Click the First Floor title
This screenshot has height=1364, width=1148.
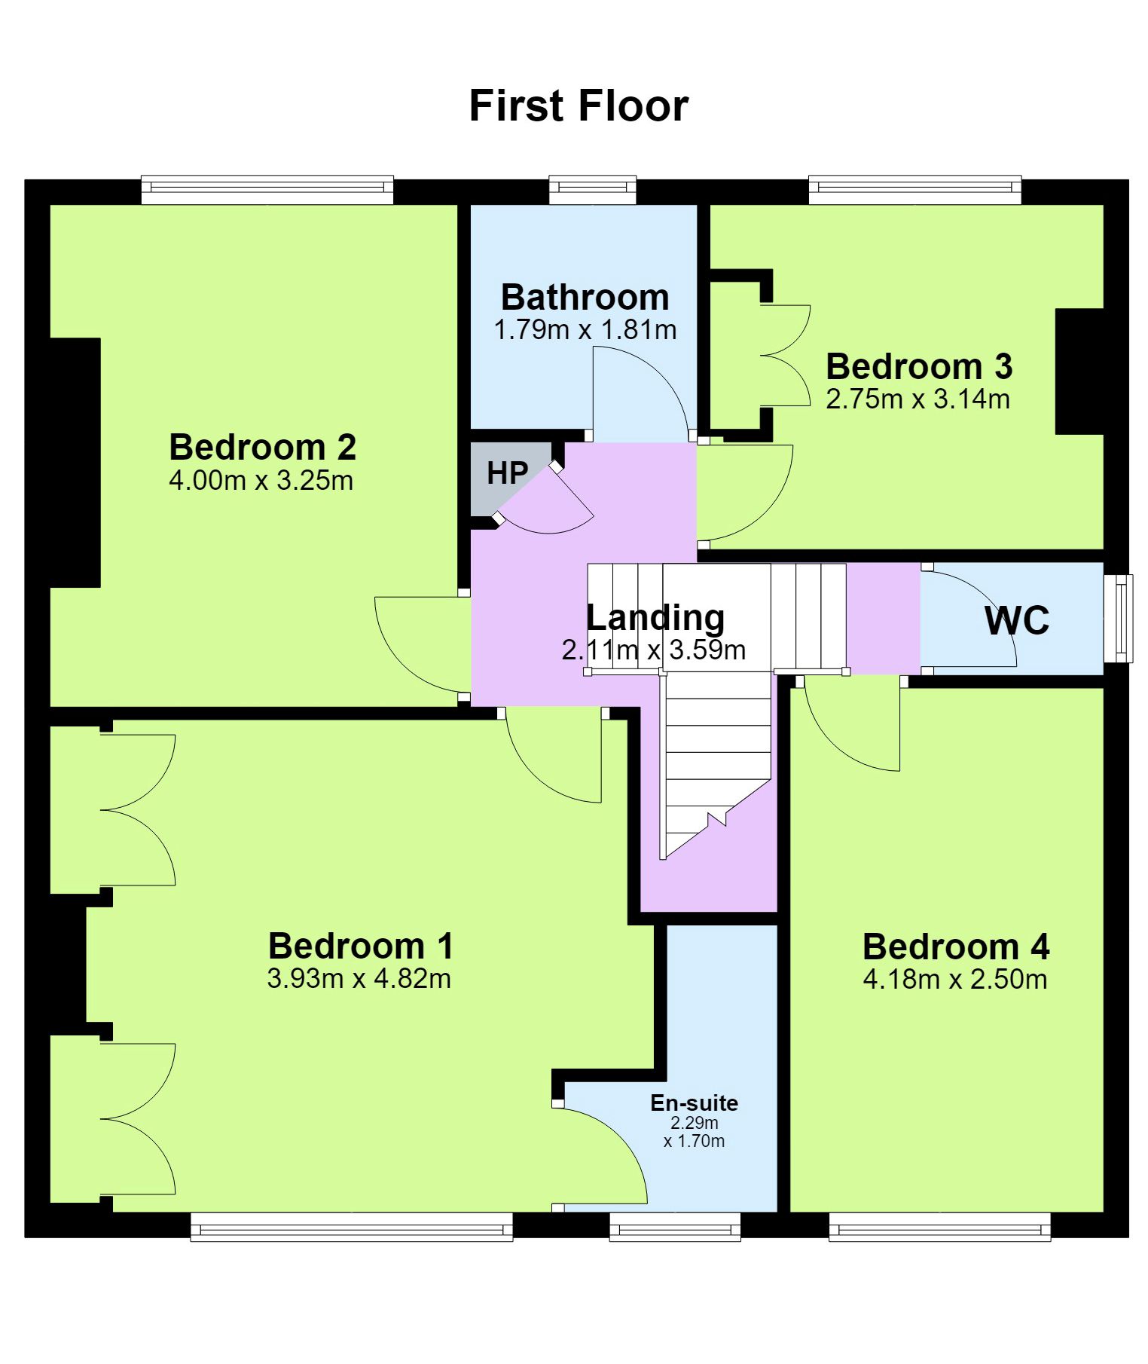(579, 106)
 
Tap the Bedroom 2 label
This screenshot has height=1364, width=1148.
(262, 447)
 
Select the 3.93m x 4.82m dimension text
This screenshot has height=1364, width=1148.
(359, 978)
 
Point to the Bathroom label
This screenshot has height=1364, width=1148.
(585, 297)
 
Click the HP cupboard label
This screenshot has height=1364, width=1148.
(508, 473)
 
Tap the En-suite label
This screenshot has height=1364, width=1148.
(695, 1103)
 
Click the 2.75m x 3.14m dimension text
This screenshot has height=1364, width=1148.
(918, 398)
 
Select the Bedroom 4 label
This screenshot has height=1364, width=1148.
(956, 947)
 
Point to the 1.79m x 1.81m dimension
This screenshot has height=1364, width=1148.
(585, 329)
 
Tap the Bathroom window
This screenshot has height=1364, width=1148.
(593, 189)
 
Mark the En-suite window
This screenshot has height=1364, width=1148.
(675, 1226)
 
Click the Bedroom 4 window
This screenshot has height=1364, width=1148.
(940, 1226)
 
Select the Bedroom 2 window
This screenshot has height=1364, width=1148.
(267, 189)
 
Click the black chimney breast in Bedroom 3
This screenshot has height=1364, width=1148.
(1079, 371)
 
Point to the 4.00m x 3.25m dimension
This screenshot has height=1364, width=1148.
(261, 480)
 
